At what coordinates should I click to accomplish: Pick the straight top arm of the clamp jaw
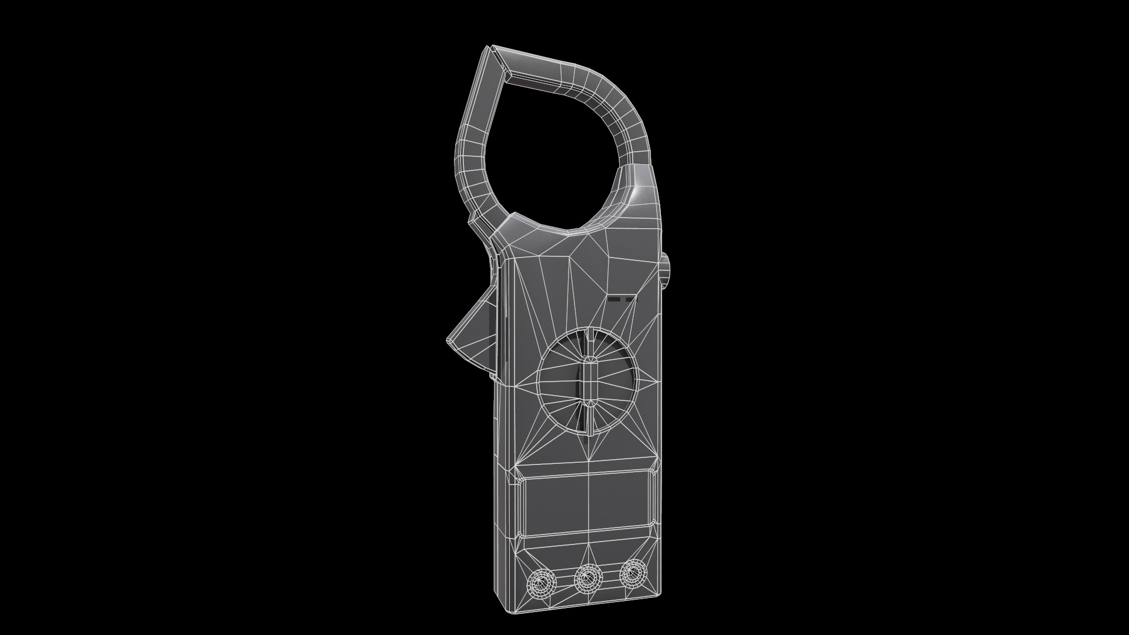point(541,71)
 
